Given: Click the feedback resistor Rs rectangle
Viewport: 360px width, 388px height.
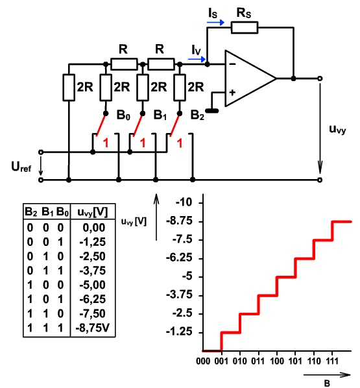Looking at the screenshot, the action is tap(245, 27).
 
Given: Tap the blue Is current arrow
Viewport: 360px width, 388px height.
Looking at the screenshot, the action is tap(215, 23).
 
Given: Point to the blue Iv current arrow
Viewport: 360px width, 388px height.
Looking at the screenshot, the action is tap(197, 59).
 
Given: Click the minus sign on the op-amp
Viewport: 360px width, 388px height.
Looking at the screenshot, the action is tap(232, 64).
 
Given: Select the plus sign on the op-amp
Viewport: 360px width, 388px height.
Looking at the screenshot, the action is tap(232, 93).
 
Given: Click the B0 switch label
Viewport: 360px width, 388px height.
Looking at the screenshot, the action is tap(123, 115).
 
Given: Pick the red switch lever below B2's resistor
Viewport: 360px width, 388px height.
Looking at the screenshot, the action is tap(175, 125).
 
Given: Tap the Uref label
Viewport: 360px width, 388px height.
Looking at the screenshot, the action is tap(21, 167).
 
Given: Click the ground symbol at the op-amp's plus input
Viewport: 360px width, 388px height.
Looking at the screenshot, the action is tap(212, 110).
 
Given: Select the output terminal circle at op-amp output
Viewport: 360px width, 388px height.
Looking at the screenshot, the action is tap(320, 79).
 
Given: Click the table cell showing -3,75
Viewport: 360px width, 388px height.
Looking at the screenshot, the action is tap(93, 271).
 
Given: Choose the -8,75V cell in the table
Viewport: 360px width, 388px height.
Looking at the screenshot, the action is tap(92, 328).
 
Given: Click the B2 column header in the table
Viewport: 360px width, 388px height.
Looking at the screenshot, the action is tap(31, 212).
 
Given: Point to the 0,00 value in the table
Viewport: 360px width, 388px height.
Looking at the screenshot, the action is tap(94, 227).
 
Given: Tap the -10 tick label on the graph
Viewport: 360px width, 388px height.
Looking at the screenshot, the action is tap(184, 202).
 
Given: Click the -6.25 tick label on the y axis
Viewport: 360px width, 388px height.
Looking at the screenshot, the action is tap(179, 258).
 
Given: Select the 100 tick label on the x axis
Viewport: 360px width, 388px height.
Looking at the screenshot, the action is tap(277, 361).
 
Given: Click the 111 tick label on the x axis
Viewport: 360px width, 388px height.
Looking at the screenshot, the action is tap(332, 361).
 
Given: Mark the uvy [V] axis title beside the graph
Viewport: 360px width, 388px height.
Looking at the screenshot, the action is tap(134, 221).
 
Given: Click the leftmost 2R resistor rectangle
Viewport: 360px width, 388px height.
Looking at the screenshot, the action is tap(69, 88).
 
